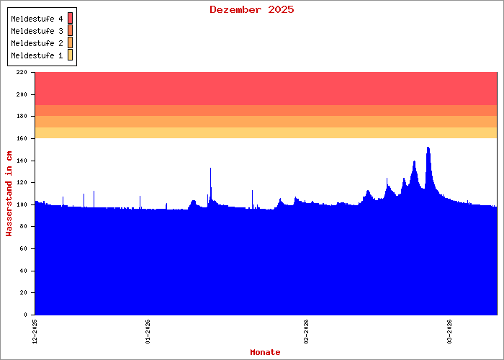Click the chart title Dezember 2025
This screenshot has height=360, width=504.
(251, 9)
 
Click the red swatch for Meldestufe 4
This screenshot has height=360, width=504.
(71, 18)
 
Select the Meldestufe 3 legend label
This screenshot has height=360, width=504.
(37, 31)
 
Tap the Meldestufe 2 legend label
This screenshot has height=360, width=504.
(37, 43)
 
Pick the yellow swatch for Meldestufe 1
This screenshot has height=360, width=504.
(71, 55)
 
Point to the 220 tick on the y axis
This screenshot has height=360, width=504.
(21, 73)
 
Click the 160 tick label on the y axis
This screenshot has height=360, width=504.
(21, 138)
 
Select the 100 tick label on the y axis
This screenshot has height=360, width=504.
(21, 204)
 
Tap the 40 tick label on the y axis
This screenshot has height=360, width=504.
(23, 271)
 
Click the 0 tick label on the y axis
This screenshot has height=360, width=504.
(25, 315)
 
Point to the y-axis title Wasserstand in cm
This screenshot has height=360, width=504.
(9, 193)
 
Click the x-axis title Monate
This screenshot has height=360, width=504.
(265, 352)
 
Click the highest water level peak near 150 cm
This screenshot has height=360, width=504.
(428, 148)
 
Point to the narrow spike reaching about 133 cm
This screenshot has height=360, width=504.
(210, 169)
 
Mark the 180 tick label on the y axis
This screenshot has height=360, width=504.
(21, 117)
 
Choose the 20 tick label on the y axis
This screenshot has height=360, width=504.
(23, 293)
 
